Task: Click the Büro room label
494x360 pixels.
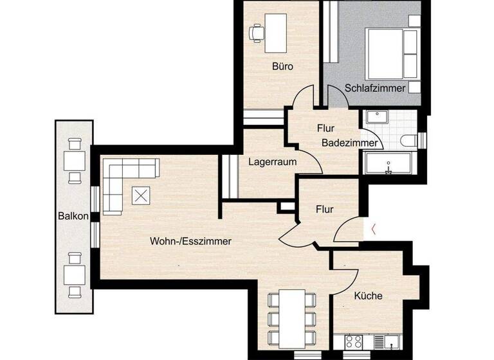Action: (x=282, y=66)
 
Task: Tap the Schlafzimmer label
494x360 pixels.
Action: (x=375, y=88)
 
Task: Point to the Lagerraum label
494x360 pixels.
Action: (x=273, y=162)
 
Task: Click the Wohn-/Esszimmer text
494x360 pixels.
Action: (x=190, y=241)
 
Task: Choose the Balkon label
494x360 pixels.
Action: (x=73, y=216)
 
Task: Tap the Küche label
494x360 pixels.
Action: (x=368, y=296)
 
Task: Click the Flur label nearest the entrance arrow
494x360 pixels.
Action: (x=324, y=209)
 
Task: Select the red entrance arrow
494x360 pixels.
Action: (x=374, y=227)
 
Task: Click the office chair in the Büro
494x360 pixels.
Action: (x=257, y=31)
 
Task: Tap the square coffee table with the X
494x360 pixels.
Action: (x=141, y=195)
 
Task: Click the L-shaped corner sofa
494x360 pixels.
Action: (x=122, y=180)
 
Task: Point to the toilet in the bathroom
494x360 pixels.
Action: (x=410, y=140)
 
